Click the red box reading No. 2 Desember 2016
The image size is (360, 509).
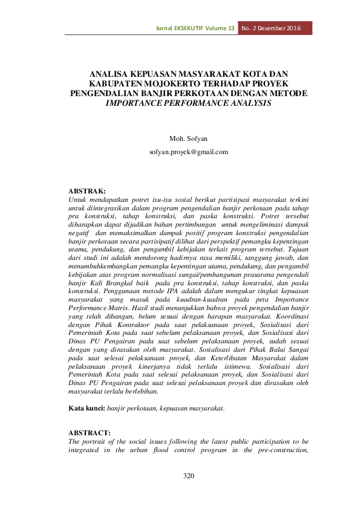(x=275, y=28)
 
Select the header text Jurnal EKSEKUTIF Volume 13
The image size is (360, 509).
(x=195, y=28)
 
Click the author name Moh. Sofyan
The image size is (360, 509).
(x=189, y=139)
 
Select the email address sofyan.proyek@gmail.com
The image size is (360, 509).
(x=189, y=152)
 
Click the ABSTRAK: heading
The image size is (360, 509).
(x=87, y=190)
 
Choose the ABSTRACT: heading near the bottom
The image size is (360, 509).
(x=89, y=433)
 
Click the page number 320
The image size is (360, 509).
(x=189, y=476)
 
